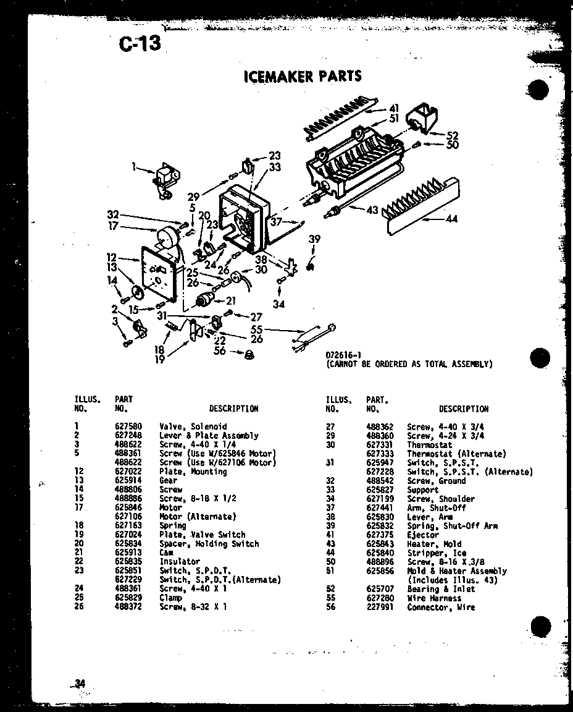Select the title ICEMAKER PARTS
[x=303, y=76]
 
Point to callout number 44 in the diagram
[x=451, y=219]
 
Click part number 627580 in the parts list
[x=128, y=426]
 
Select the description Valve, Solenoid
[x=193, y=426]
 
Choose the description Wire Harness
[x=433, y=598]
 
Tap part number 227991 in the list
[x=379, y=608]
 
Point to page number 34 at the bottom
[x=79, y=683]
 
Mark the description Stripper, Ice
[x=437, y=553]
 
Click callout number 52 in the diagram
[x=453, y=135]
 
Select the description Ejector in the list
[x=423, y=535]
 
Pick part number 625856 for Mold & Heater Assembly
[x=379, y=571]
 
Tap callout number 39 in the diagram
[x=315, y=239]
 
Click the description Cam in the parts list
[x=166, y=553]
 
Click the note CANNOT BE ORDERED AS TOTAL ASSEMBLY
[x=409, y=364]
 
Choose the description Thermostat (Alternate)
[x=456, y=454]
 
